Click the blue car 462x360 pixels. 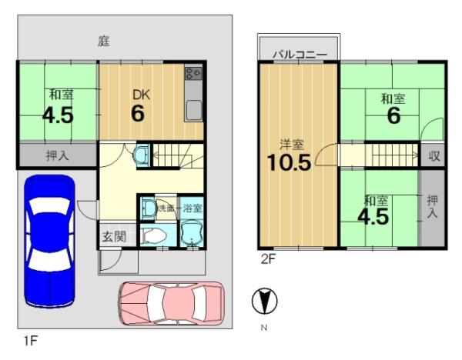[49, 242]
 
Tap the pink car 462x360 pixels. [171, 304]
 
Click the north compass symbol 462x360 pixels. [264, 301]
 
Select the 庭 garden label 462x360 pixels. [104, 42]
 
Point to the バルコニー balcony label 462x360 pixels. [300, 55]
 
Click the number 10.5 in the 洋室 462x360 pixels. [289, 162]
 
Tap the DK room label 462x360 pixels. [142, 95]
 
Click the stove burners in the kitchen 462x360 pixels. [193, 73]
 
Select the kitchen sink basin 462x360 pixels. [193, 109]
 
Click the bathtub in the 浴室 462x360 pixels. [192, 234]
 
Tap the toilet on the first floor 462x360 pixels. [152, 235]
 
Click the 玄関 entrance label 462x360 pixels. [114, 236]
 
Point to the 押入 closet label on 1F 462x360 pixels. [58, 155]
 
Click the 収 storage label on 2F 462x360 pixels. [434, 155]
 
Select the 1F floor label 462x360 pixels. [31, 341]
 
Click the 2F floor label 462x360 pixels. [268, 259]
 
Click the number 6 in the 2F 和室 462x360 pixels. [393, 115]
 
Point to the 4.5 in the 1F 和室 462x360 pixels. [58, 115]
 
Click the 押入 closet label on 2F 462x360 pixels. [432, 207]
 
